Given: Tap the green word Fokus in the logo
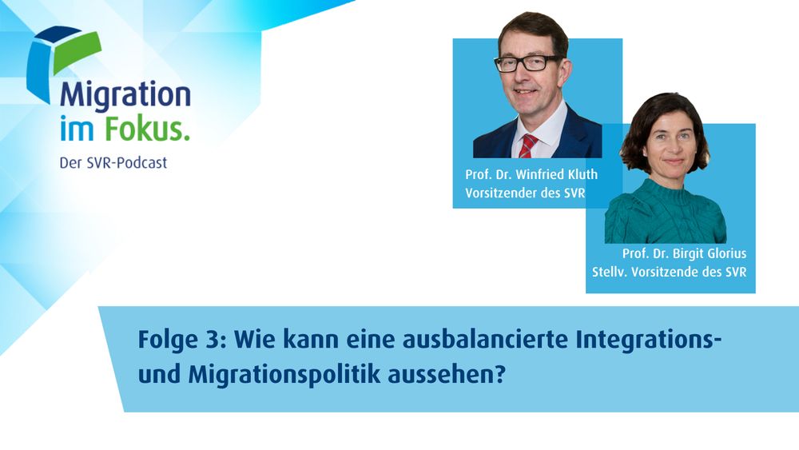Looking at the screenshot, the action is tap(147, 129).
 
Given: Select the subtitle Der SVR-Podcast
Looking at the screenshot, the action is tap(113, 162).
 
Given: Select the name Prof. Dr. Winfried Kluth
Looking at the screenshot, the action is tap(531, 174).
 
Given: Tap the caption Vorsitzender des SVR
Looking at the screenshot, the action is tap(525, 193).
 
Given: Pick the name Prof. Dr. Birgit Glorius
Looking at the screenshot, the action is tap(684, 253).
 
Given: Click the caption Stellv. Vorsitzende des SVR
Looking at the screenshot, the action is tap(669, 272).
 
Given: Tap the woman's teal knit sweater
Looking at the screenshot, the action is tap(666, 213).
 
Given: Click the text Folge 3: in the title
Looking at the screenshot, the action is tap(181, 340).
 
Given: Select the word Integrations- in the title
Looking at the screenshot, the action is tap(648, 340).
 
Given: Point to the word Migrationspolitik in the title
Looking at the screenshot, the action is tap(284, 375).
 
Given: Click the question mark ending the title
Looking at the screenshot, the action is tap(500, 375).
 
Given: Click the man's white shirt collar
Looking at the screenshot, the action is tap(541, 125).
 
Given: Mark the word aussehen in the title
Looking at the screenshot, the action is tap(438, 376).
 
